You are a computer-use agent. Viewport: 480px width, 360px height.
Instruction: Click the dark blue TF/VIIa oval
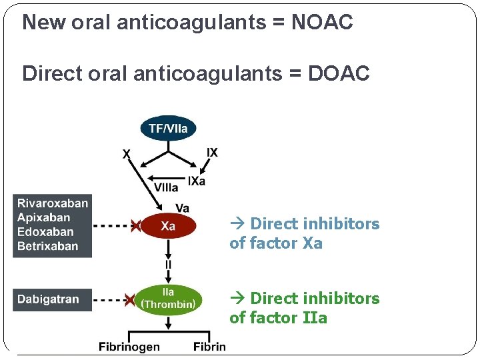pos(168,129)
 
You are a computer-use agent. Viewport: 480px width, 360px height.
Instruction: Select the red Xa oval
pos(168,227)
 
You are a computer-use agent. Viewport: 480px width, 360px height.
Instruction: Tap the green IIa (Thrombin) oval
pos(168,299)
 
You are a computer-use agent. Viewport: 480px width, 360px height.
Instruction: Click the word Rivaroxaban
pos(53,203)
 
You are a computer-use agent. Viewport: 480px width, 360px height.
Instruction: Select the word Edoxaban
pos(45,232)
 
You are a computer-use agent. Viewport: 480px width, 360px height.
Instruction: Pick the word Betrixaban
pos(48,246)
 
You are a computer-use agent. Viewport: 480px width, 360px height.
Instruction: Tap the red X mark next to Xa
pos(135,227)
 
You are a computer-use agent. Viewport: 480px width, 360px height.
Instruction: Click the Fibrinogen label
pos(129,346)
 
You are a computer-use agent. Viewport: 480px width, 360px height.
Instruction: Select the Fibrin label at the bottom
pos(209,346)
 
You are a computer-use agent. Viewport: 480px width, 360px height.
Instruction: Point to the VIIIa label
pos(166,187)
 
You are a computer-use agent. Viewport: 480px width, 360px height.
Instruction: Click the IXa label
pos(197,181)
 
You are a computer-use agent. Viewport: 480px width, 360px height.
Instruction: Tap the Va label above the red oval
pos(182,208)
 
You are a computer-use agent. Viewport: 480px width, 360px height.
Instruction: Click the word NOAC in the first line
pos(323,23)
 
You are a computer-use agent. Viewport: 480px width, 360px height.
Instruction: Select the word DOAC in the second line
pos(339,73)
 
